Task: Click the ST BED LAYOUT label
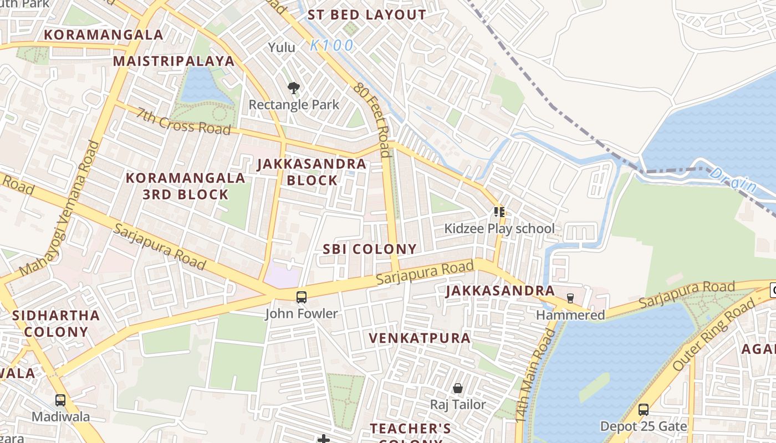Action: pos(367,15)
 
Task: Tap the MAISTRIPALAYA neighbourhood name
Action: pos(174,61)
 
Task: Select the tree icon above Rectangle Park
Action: pos(294,87)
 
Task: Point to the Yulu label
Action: pos(282,48)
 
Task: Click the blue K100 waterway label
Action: pos(331,45)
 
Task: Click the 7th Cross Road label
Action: pos(183,121)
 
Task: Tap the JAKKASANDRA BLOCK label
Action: pos(312,172)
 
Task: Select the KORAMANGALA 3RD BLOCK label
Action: pos(185,186)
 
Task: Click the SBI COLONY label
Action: pos(370,249)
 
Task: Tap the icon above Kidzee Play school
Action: pos(499,212)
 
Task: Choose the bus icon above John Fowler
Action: pos(301,297)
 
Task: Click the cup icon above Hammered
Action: pos(570,298)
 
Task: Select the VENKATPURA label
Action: pos(420,338)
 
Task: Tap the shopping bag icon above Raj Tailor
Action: pos(458,388)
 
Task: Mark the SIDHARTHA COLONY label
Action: pos(56,324)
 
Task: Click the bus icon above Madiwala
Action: pos(60,400)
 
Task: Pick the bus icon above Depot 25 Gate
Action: pos(643,410)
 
